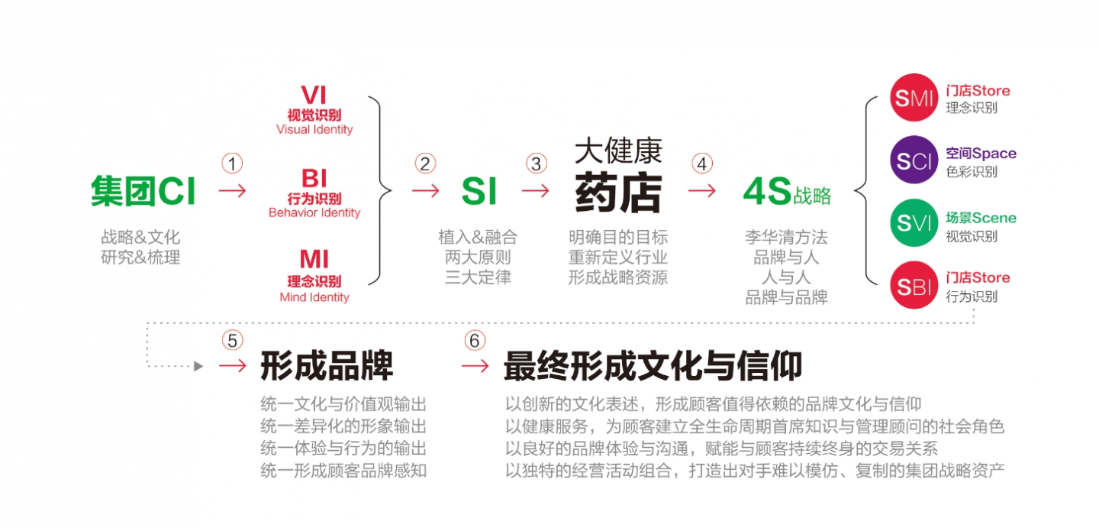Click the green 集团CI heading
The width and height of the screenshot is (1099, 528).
pyautogui.click(x=143, y=191)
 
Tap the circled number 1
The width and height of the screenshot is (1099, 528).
pyautogui.click(x=232, y=164)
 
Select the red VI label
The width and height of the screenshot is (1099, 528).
pyautogui.click(x=314, y=96)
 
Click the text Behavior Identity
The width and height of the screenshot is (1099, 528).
pyautogui.click(x=314, y=212)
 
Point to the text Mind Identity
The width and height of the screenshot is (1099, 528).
pyautogui.click(x=314, y=297)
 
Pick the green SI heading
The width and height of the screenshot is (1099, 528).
pyautogui.click(x=479, y=191)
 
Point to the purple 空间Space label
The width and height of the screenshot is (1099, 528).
pyautogui.click(x=981, y=154)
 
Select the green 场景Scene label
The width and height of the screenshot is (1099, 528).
pyautogui.click(x=981, y=218)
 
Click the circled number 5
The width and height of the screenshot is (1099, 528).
pyautogui.click(x=232, y=341)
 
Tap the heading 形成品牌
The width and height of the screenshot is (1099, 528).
pyautogui.click(x=327, y=366)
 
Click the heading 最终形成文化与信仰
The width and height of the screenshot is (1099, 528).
pyautogui.click(x=653, y=366)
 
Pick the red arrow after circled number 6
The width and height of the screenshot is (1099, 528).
pyautogui.click(x=475, y=366)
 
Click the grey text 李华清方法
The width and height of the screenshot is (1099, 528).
pyautogui.click(x=786, y=238)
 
